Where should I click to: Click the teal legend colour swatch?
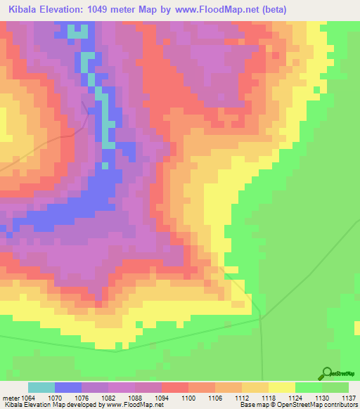click(41, 387)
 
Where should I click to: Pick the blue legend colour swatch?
click(68, 387)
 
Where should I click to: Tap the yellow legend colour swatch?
click(282, 387)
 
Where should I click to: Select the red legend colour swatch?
click(175, 387)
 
